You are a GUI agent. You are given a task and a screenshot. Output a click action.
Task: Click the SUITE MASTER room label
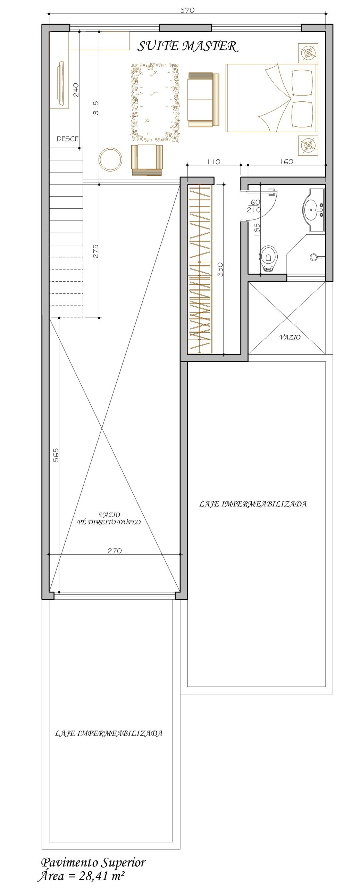pos(188,46)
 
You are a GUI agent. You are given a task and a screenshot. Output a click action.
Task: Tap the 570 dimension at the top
pos(187,10)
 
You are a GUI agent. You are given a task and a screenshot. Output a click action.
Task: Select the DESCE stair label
pos(68,139)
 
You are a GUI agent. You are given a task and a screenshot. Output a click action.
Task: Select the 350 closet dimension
pos(220,269)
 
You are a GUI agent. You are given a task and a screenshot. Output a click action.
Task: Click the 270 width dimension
pos(115,550)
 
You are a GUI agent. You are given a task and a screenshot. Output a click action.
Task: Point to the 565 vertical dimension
pos(56,455)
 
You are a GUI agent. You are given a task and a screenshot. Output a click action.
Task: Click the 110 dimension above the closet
pos(214,161)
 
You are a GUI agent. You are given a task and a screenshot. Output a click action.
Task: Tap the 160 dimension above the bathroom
pos(286,161)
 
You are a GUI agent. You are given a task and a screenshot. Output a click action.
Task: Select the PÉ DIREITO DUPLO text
pos(109,522)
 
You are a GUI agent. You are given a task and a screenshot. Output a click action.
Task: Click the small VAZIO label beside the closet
pos(290,337)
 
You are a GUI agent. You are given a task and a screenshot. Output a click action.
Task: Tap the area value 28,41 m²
pos(102,876)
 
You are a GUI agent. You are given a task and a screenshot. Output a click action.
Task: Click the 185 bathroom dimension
pos(257,230)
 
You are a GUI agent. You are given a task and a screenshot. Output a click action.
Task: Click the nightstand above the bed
pos(308,53)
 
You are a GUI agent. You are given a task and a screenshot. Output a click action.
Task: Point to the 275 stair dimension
pos(96,251)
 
